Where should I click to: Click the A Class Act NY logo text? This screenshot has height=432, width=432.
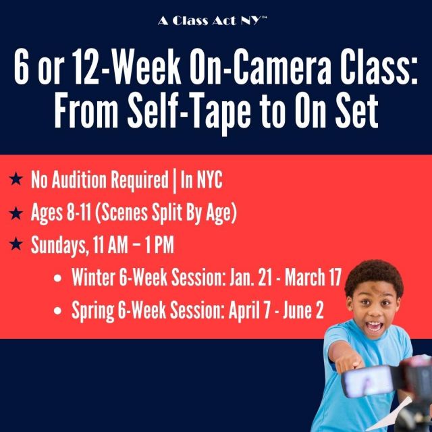coord(213,21)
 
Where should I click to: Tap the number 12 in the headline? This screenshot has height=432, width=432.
coord(86,67)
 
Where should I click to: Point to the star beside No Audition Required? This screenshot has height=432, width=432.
coord(16,179)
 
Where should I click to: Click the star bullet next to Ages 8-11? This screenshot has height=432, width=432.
coord(16,213)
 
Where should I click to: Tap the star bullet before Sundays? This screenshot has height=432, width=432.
coord(16,244)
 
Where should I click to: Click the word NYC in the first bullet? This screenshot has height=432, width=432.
coord(209,180)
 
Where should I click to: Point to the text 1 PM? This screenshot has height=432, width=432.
coord(159,244)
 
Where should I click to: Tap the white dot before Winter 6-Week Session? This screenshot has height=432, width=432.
coord(57,277)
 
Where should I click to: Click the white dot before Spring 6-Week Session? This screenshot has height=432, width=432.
coord(57,310)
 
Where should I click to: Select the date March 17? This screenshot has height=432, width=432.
coord(313,277)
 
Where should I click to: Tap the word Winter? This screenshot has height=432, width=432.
coord(93,277)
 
